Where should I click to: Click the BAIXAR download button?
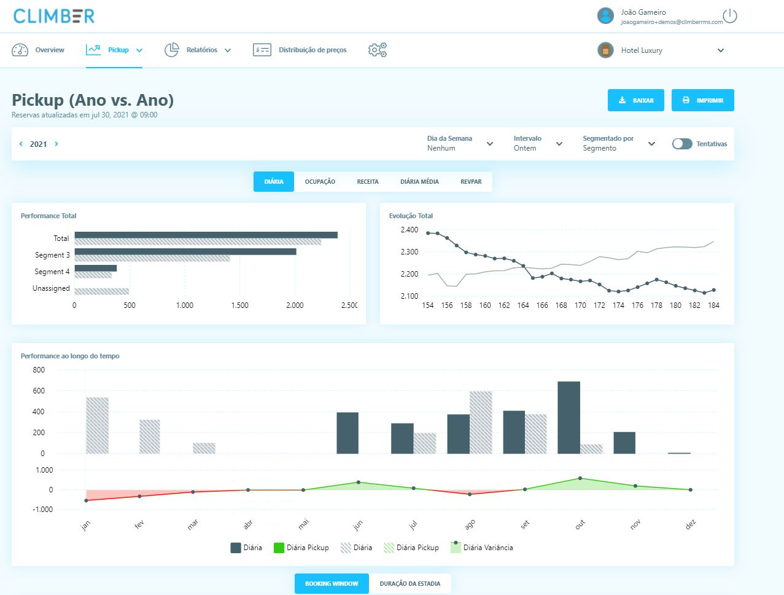click(x=636, y=100)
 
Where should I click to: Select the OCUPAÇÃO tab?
click(x=320, y=182)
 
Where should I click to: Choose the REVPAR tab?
click(x=471, y=182)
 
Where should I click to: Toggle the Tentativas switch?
click(x=682, y=144)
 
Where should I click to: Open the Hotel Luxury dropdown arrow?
click(x=721, y=50)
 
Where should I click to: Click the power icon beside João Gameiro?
click(x=730, y=16)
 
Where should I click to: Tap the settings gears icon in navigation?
click(x=377, y=50)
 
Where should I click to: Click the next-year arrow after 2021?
click(x=56, y=144)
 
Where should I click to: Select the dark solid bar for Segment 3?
click(x=185, y=252)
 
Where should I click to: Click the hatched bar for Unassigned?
click(x=102, y=291)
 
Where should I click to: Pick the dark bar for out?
click(x=569, y=417)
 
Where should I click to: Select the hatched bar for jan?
click(x=98, y=425)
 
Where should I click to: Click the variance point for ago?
click(x=470, y=494)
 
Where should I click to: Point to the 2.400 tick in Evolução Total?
click(x=409, y=229)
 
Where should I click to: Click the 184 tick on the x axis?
click(x=713, y=305)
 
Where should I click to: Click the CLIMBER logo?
click(x=54, y=16)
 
